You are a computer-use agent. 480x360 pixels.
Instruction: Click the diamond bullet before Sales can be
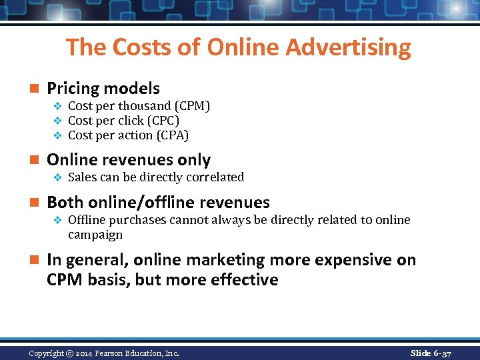(57, 177)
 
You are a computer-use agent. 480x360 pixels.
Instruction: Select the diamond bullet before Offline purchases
(57, 220)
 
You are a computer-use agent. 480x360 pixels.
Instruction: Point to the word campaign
(95, 235)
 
